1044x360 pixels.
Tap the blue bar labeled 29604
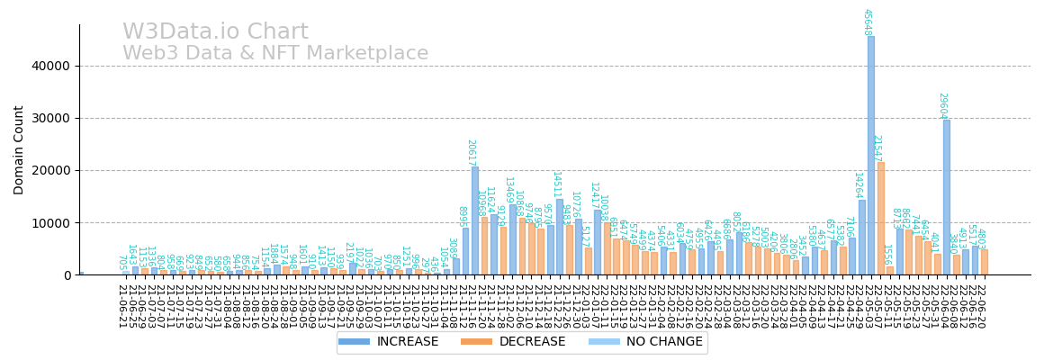pyautogui.click(x=946, y=197)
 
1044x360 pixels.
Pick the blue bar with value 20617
pyautogui.click(x=474, y=220)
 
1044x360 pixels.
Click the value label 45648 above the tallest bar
pyautogui.click(x=868, y=22)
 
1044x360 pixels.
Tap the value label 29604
pyautogui.click(x=943, y=105)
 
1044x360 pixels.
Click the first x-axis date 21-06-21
pyautogui.click(x=121, y=306)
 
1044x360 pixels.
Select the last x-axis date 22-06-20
pyautogui.click(x=981, y=306)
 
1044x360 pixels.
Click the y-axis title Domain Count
pyautogui.click(x=19, y=149)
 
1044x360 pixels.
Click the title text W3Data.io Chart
pyautogui.click(x=215, y=32)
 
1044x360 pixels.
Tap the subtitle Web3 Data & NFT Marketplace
pyautogui.click(x=275, y=54)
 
